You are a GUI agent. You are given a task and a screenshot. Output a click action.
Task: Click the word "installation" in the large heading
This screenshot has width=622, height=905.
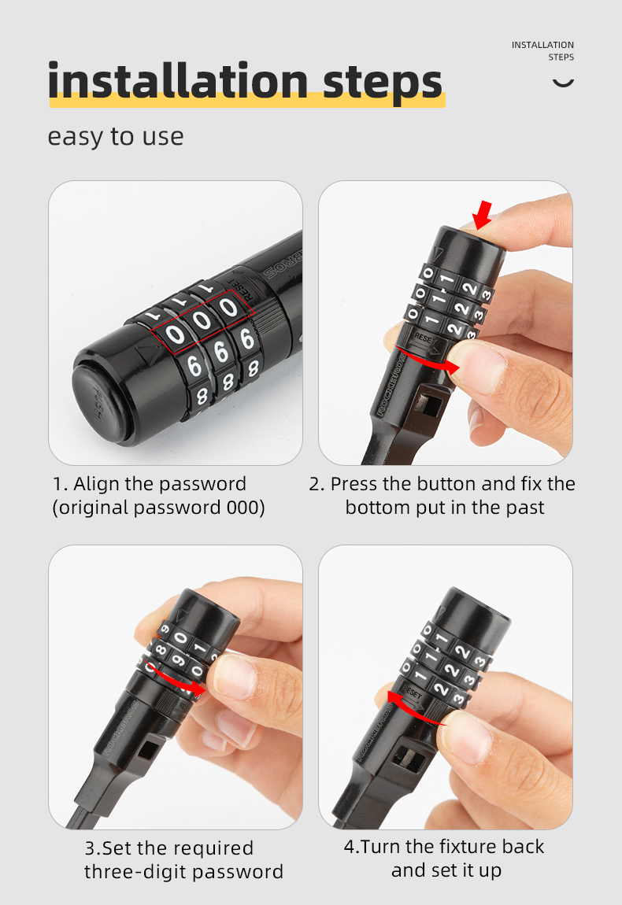pos(178,81)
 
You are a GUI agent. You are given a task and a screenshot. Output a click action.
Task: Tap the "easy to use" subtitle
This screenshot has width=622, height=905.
pos(116,138)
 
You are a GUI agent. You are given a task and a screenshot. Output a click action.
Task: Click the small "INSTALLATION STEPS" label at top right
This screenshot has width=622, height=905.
pos(543,51)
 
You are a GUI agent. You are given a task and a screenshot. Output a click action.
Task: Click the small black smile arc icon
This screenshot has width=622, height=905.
pos(563,83)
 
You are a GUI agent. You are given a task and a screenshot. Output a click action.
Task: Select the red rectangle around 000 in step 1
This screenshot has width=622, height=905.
pos(202,322)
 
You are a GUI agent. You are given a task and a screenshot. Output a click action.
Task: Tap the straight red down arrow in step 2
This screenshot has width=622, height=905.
pos(482,215)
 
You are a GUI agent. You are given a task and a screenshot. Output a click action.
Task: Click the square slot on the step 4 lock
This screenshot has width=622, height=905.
pos(408,762)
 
